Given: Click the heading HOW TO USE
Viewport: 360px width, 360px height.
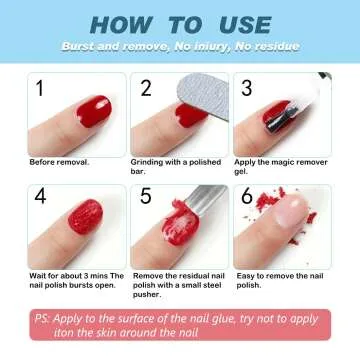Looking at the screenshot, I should (x=179, y=24).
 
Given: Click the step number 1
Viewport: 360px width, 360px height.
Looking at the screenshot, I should (x=41, y=89).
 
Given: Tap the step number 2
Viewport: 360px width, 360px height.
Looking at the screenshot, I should (x=146, y=89).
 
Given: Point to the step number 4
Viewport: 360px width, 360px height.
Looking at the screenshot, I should (x=41, y=196).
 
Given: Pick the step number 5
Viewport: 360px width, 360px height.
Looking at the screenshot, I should (x=146, y=196).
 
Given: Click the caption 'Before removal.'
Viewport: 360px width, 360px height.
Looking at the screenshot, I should (x=60, y=161).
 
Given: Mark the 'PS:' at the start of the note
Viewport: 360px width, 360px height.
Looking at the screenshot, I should (x=43, y=318).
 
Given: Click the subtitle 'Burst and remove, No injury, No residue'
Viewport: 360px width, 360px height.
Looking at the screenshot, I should (x=179, y=48).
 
